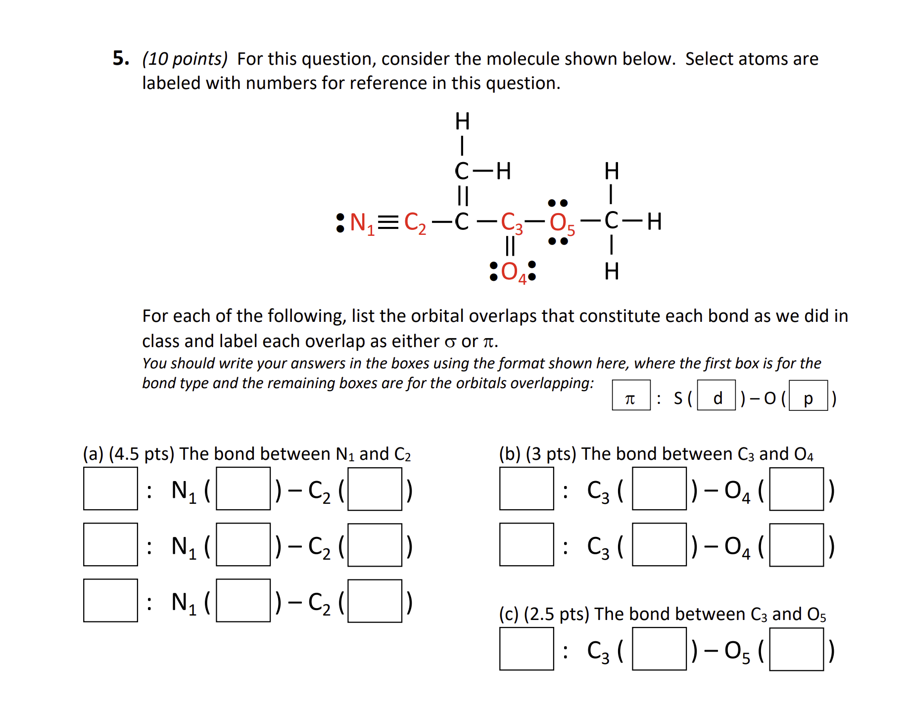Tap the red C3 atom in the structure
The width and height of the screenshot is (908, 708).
click(511, 223)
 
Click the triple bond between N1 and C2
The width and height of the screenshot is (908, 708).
click(388, 222)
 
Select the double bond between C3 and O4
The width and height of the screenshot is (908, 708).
click(510, 246)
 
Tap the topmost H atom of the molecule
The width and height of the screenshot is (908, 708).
click(462, 122)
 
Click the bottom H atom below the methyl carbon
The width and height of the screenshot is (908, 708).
click(612, 271)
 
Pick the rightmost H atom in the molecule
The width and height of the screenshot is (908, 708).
click(654, 222)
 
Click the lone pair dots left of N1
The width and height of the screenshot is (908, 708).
click(340, 223)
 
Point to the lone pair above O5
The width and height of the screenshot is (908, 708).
click(558, 203)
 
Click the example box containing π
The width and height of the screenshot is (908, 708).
click(631, 395)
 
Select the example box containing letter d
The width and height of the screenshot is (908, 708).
click(716, 395)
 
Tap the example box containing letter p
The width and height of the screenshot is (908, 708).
click(808, 395)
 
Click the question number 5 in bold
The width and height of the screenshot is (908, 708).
click(121, 58)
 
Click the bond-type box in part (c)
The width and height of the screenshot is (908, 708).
click(526, 649)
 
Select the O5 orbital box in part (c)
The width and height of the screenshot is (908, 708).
click(796, 649)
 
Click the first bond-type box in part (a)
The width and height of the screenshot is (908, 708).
click(110, 488)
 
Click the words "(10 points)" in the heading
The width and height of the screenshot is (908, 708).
click(185, 59)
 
